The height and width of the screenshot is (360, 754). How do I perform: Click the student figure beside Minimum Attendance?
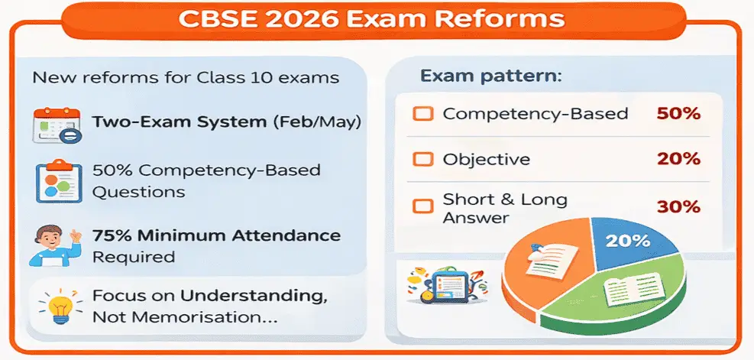click(x=53, y=245)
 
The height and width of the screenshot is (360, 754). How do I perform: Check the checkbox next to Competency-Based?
click(x=422, y=115)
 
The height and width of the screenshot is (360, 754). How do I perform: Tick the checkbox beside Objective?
click(x=422, y=161)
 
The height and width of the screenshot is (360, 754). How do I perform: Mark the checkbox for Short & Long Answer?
click(x=422, y=206)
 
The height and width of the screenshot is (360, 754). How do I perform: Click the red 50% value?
click(x=678, y=115)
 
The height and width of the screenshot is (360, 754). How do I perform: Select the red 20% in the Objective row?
click(x=678, y=160)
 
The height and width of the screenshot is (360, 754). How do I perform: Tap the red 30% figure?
click(x=678, y=206)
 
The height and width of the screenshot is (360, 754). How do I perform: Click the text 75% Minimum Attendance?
click(x=216, y=235)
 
